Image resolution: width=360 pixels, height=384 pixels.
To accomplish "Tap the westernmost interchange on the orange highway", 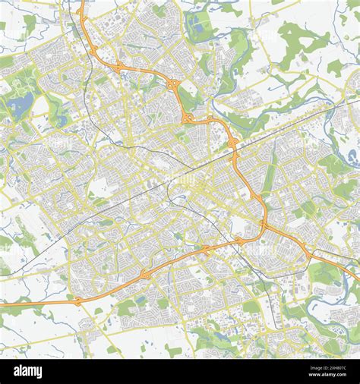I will tap(78, 301).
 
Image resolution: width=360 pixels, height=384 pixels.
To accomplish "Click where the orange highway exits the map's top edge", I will tap(81, 2).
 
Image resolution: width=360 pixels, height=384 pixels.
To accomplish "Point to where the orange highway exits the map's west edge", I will tap(2, 305).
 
